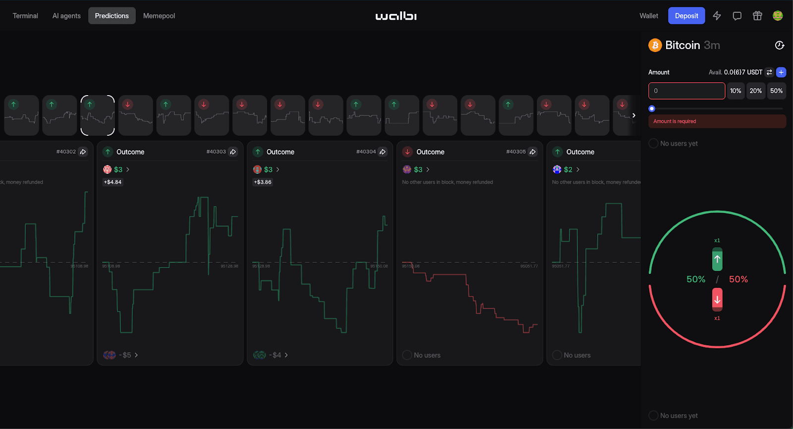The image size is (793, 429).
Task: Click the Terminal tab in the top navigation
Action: pos(25,16)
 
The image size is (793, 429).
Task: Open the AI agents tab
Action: pos(66,16)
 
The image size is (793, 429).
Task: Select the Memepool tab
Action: pos(159,16)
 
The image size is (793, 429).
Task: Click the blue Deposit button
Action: pos(686,16)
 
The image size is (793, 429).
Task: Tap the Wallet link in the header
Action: pos(649,16)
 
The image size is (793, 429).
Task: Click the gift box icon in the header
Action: pos(757,16)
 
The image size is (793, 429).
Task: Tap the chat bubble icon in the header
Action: pos(737,16)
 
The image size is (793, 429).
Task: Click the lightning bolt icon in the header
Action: pos(717,16)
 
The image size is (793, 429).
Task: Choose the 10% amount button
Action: pos(736,91)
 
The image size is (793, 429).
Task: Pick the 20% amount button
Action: pos(756,91)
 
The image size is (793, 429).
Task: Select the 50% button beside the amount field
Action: pos(776,91)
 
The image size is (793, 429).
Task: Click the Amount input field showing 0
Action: pos(686,91)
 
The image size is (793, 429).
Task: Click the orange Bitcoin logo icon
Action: pos(655,45)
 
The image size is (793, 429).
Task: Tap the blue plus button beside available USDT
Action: pos(781,72)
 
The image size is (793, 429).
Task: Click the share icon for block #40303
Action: pos(233,152)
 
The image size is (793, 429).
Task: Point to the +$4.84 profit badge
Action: pos(113,182)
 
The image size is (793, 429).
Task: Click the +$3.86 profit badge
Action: pos(263,182)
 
